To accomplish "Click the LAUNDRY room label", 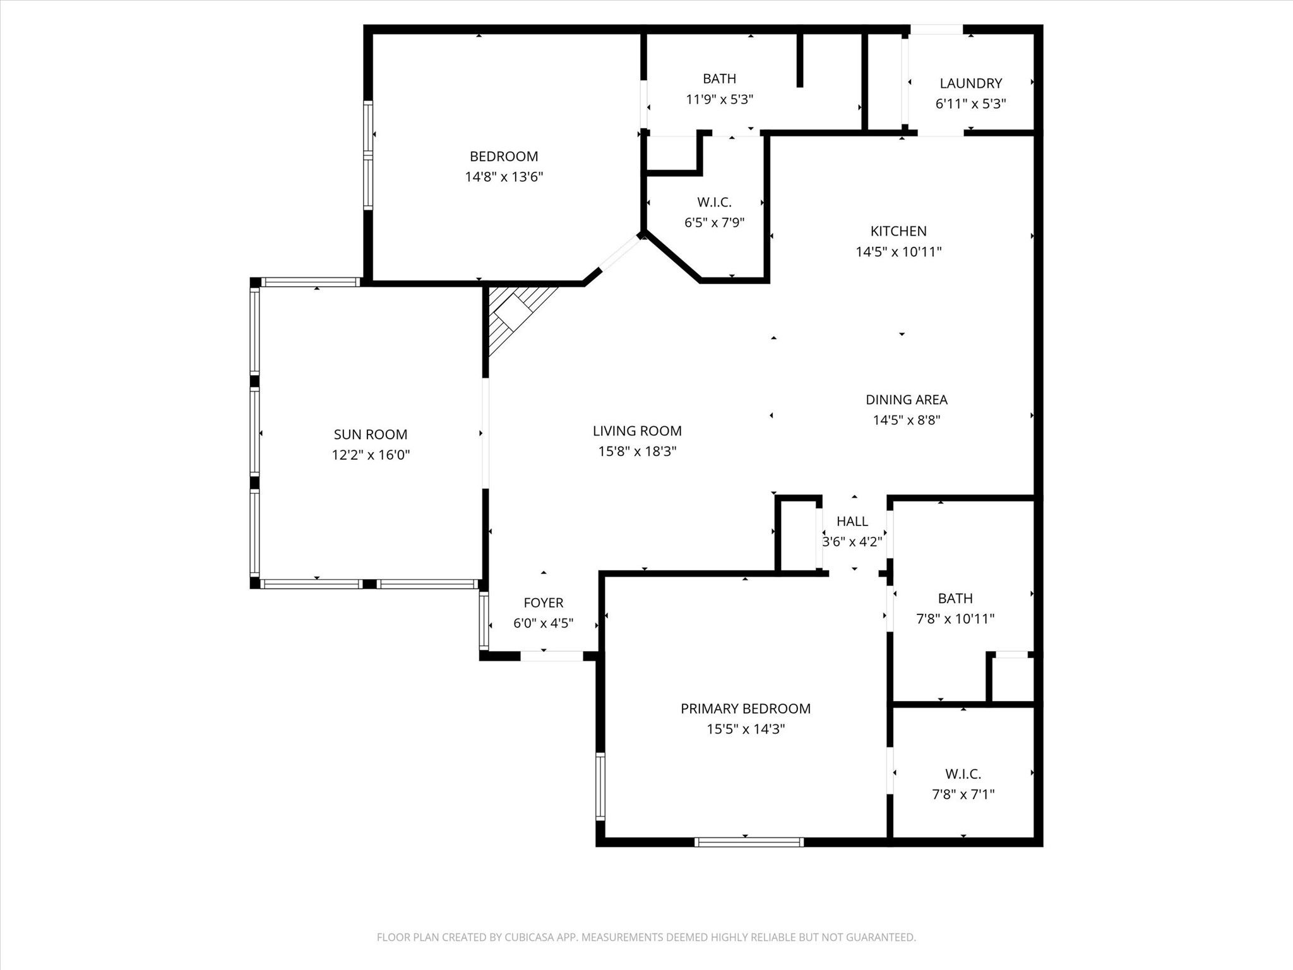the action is click(970, 83).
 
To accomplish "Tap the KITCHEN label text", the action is click(898, 231).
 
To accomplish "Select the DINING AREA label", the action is click(906, 400).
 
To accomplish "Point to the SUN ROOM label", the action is click(371, 434).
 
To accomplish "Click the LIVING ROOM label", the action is click(637, 431).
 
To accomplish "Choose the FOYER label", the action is click(543, 603).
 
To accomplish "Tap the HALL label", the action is click(852, 522).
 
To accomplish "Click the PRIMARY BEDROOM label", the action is click(746, 709).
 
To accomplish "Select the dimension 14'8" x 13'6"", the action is click(504, 177).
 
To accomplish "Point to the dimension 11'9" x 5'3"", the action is click(720, 99).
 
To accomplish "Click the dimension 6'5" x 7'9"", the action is click(715, 223).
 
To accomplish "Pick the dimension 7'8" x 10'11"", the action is click(955, 619).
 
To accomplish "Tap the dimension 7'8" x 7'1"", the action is click(963, 794).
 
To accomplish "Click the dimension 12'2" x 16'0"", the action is click(371, 455).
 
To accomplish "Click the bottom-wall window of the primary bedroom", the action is click(749, 842).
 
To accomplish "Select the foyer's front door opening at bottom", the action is click(551, 656).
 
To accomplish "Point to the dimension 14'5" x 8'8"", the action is click(907, 420).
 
